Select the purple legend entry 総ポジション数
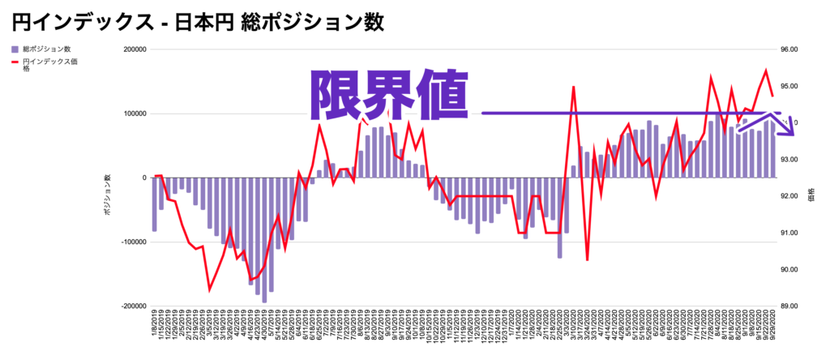pyautogui.click(x=49, y=50)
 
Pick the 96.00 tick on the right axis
pyautogui.click(x=788, y=49)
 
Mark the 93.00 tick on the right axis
pyautogui.click(x=788, y=160)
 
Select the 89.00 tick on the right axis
pyautogui.click(x=788, y=306)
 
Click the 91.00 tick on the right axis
pyautogui.click(x=788, y=234)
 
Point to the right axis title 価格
pyautogui.click(x=811, y=195)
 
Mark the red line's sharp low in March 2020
pyautogui.click(x=587, y=259)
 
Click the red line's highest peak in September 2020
pyautogui.click(x=765, y=71)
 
